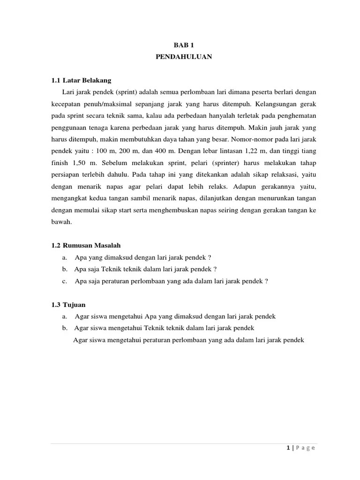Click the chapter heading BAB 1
[x=184, y=45]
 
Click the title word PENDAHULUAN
[x=184, y=57]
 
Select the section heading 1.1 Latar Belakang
[x=81, y=81]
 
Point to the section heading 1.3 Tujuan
[x=68, y=305]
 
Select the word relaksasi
[x=276, y=174]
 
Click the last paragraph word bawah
[x=61, y=222]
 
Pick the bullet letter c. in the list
[x=64, y=281]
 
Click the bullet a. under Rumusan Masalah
[x=64, y=257]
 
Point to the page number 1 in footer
[x=287, y=448]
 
